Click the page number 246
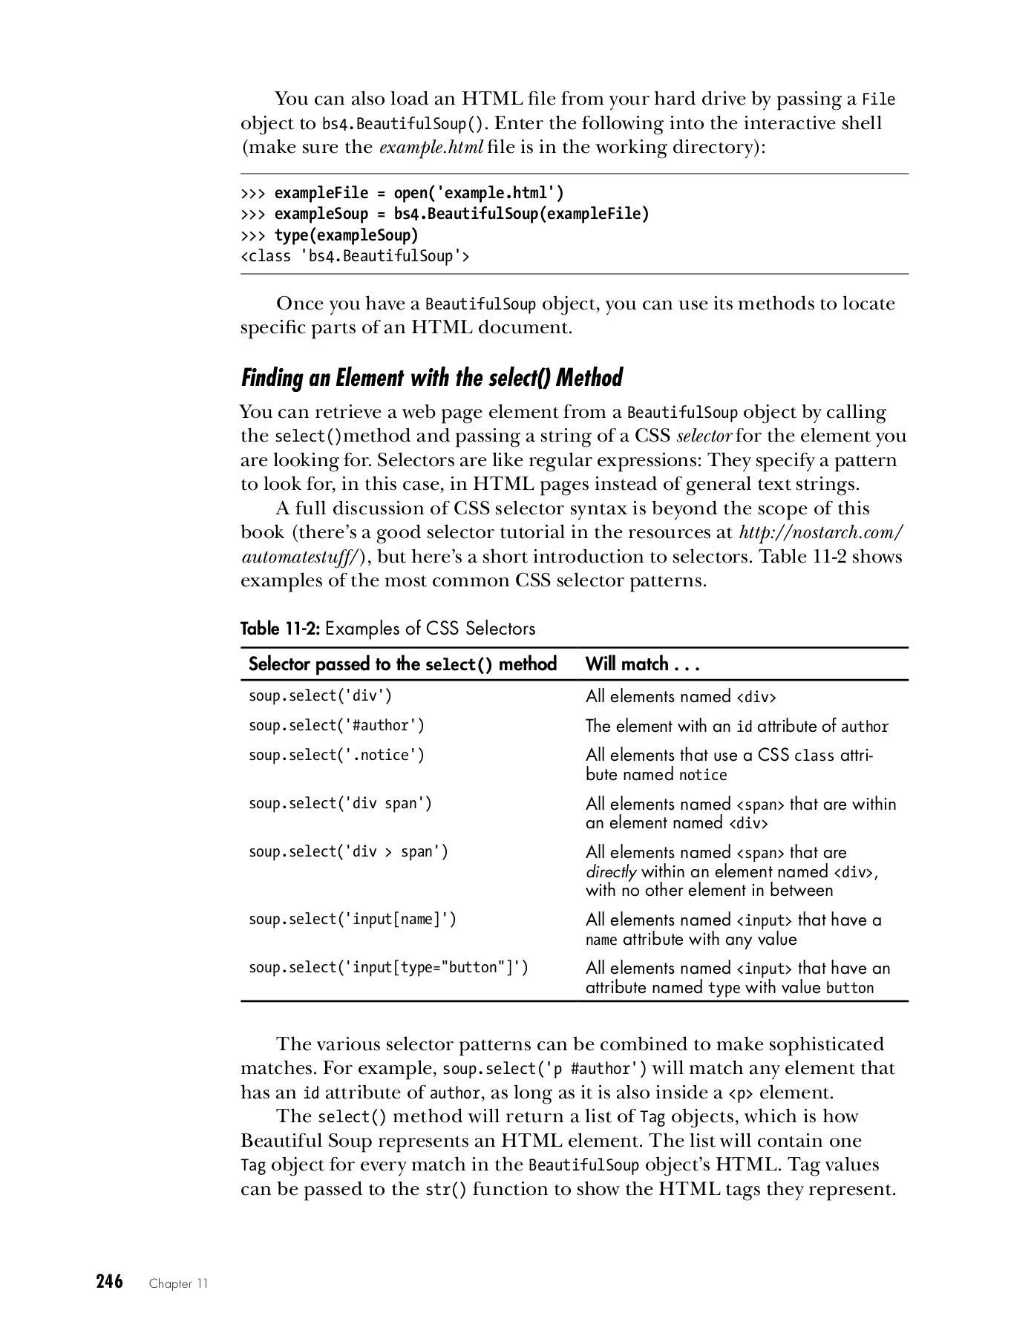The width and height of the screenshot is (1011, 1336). pos(109,1281)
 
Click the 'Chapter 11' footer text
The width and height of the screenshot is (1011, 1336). pos(178,1284)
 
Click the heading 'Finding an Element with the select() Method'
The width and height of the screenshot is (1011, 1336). pos(431,378)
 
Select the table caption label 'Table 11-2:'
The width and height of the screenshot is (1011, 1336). pos(280,629)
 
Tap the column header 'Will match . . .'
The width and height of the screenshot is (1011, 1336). pos(643,664)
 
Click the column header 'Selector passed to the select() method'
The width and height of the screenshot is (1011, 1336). pos(402,664)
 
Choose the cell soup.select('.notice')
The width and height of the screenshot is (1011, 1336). pos(336,755)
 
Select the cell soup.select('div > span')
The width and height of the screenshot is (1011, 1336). pos(348,851)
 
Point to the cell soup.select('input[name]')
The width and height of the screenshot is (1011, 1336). pos(353,919)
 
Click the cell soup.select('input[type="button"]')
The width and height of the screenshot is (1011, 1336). pos(388,967)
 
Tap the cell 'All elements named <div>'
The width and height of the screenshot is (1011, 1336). pos(680,696)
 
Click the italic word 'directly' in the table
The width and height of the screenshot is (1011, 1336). pos(610,871)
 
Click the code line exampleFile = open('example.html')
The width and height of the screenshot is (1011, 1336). pos(419,193)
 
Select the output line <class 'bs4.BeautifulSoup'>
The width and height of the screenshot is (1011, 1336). pos(355,257)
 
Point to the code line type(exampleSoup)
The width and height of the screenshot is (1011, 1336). pos(346,235)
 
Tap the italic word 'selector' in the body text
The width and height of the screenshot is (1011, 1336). pos(704,436)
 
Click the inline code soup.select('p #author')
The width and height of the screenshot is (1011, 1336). pos(544,1069)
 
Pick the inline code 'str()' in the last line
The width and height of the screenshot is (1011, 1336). pos(445,1190)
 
